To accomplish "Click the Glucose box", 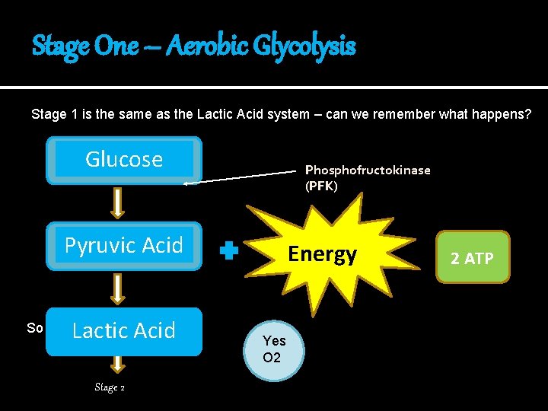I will [x=124, y=160].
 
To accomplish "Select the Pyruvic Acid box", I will [x=124, y=246].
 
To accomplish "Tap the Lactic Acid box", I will [x=124, y=331].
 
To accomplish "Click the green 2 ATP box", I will [x=472, y=259].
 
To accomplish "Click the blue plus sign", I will [x=229, y=252].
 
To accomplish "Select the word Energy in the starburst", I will [x=323, y=254].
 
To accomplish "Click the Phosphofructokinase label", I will [x=368, y=170].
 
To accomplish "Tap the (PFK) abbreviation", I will [x=321, y=186].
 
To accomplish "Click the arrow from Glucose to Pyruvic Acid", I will [x=118, y=202].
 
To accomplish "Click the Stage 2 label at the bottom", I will [x=110, y=387].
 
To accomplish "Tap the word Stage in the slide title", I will [x=60, y=47].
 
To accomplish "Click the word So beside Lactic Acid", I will [x=34, y=328].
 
